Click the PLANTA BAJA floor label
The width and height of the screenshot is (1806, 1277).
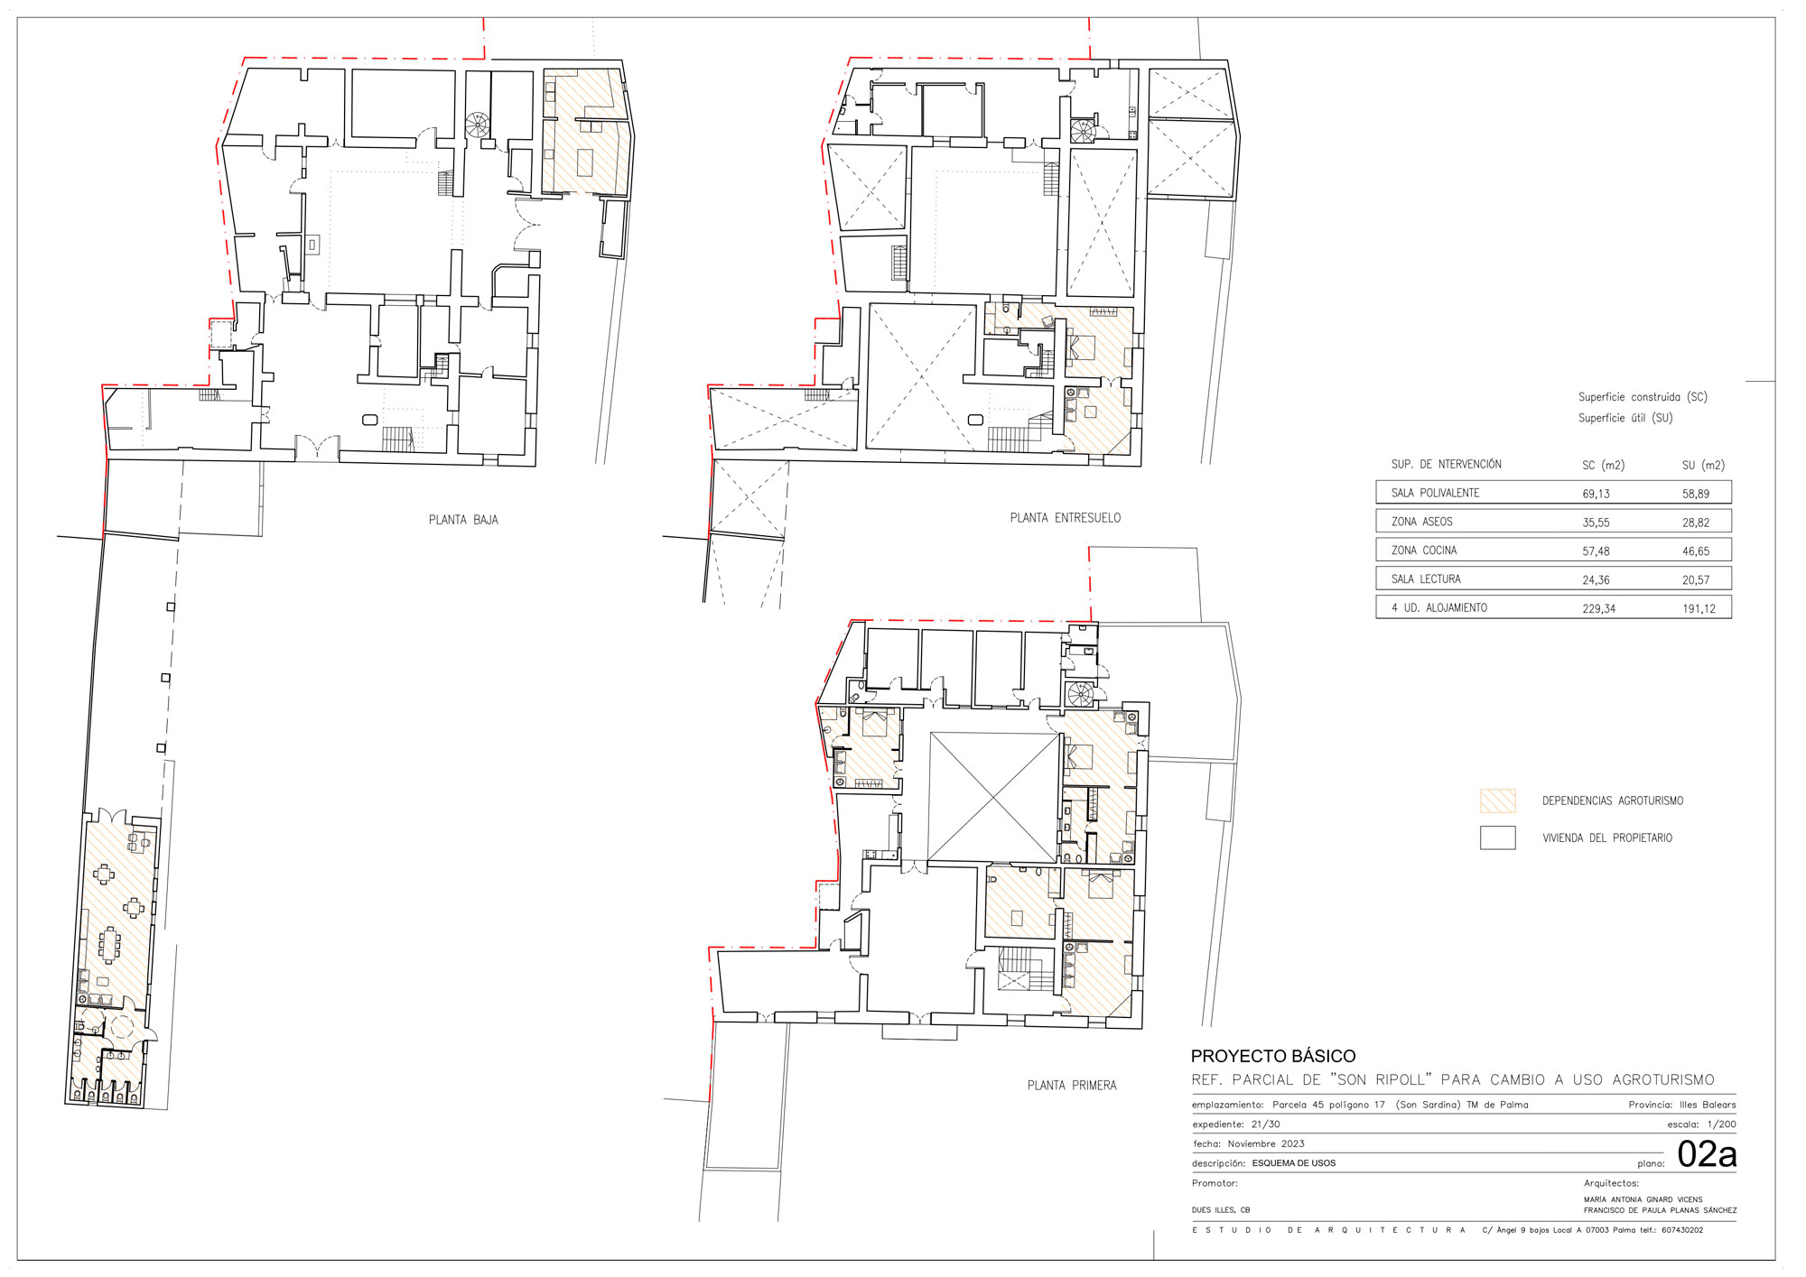(463, 520)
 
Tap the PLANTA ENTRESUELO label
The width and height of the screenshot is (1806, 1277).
(1066, 518)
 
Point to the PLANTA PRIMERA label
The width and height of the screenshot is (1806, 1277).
(1072, 1086)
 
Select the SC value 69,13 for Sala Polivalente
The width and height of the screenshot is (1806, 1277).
(1596, 494)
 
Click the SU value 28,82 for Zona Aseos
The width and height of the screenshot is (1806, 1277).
(1696, 523)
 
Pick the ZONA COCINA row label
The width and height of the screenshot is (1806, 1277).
(1424, 551)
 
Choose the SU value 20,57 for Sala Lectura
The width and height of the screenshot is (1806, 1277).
(1696, 580)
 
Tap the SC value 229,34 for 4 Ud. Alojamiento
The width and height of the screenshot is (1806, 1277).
(1598, 609)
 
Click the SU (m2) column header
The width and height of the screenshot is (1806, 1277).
(1703, 466)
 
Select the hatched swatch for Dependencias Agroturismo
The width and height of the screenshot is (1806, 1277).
(1497, 800)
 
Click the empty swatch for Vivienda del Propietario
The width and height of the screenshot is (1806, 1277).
(1497, 837)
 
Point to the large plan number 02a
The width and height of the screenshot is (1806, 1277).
(1707, 1154)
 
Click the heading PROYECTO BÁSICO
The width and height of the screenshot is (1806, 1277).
(1273, 1056)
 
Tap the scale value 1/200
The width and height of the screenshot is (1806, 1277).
(1721, 1124)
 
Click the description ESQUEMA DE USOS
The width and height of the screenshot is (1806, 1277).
(1294, 1163)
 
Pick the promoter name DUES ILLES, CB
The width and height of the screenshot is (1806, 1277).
(1221, 1210)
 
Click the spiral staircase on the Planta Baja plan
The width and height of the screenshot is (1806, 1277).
(478, 125)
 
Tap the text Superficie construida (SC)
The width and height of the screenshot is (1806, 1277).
(1643, 397)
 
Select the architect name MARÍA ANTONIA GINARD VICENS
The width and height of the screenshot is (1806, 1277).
(1643, 1199)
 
